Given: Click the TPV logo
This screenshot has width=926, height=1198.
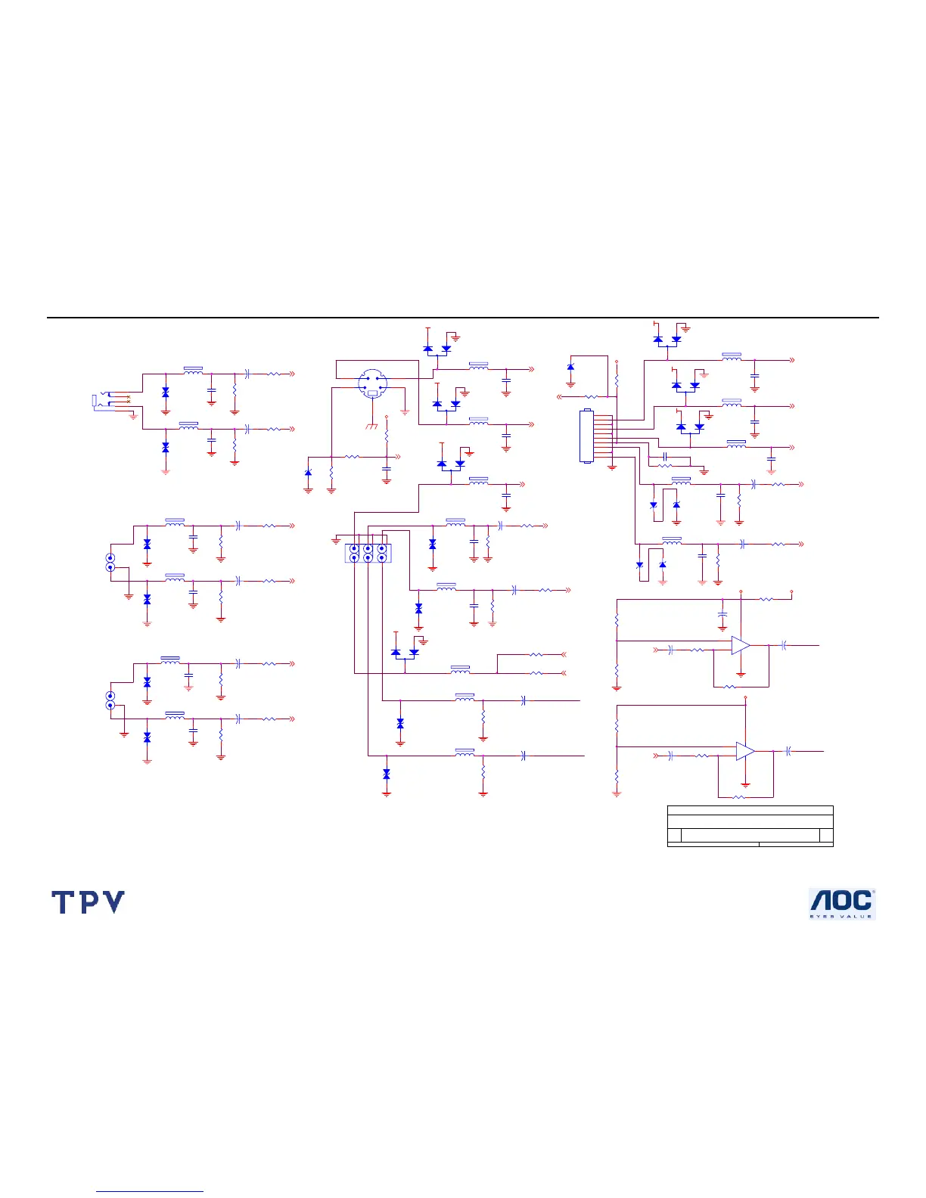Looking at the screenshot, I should (x=88, y=902).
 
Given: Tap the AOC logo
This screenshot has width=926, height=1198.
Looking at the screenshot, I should (x=842, y=903).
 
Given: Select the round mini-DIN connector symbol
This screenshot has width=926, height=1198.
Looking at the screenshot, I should (x=371, y=383).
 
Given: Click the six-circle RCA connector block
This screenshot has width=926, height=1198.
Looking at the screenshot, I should (x=368, y=553).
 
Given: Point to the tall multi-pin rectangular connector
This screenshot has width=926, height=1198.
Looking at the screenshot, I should (x=586, y=436).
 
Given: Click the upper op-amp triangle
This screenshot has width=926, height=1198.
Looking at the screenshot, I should (x=740, y=646).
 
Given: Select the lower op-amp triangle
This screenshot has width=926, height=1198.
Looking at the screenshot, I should (x=744, y=751).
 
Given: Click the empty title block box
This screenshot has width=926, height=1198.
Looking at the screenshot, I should (x=750, y=826).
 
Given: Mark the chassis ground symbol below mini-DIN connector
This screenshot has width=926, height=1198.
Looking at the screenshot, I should (x=371, y=427).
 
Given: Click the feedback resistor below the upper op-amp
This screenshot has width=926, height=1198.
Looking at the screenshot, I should (x=730, y=687).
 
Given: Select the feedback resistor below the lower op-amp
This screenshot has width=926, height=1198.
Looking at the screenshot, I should (x=739, y=796).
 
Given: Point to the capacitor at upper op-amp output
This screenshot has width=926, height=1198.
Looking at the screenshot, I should (x=785, y=645).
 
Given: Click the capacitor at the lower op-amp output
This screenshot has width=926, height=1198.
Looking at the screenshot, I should (x=789, y=751).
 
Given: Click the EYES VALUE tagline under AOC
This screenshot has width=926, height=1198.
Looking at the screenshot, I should (x=841, y=917).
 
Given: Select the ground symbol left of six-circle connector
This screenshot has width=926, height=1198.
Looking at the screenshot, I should (x=336, y=541).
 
